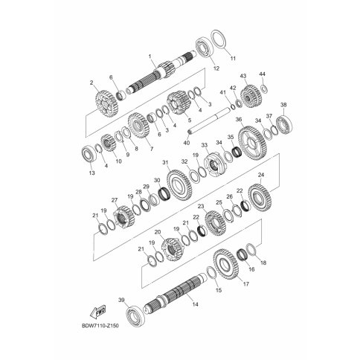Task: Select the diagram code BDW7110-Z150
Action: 100,325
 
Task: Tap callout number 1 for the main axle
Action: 150,57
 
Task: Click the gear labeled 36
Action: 252,145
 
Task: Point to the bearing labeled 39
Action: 135,317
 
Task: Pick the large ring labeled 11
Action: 219,41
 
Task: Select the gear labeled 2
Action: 106,104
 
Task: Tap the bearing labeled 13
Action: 89,155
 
